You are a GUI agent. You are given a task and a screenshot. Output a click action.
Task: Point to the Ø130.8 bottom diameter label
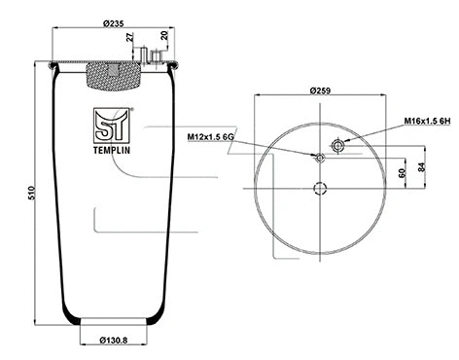115,340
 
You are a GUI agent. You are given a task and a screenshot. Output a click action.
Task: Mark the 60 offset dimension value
402,172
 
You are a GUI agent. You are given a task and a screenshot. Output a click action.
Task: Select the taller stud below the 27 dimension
142,55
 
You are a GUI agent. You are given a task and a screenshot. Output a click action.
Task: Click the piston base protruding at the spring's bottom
114,324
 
